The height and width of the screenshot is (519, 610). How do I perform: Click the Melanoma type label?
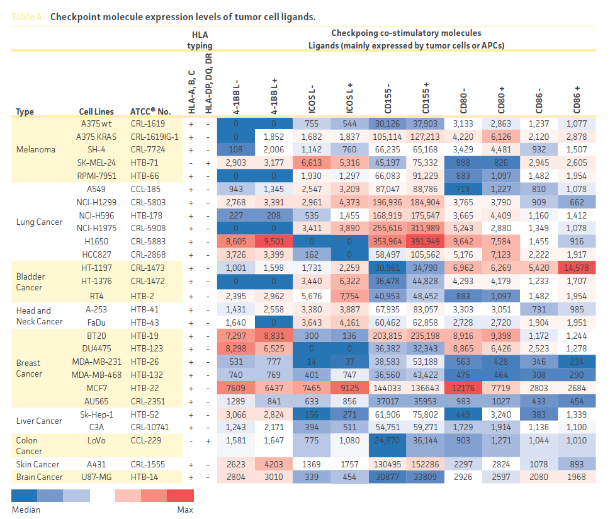pyautogui.click(x=36, y=150)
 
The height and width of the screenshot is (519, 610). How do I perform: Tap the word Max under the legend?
pyautogui.click(x=185, y=509)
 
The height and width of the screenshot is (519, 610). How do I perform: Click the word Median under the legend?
pyautogui.click(x=26, y=509)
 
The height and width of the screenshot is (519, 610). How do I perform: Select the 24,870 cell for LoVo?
pyautogui.click(x=388, y=441)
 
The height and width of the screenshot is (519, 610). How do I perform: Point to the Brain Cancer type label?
pyautogui.click(x=40, y=477)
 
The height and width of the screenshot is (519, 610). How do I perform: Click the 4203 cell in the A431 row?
pyautogui.click(x=274, y=465)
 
